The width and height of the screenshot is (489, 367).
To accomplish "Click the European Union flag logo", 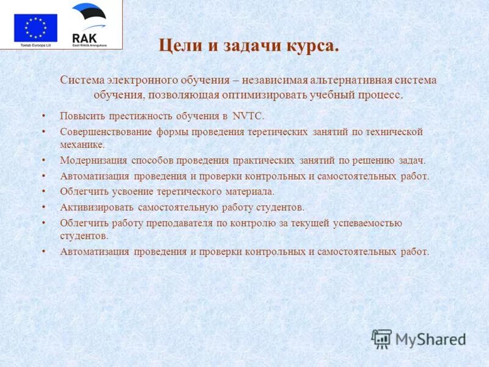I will coord(35,28).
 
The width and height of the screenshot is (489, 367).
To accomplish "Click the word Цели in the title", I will coord(176,46).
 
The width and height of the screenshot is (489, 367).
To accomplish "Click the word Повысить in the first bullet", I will coord(82,116).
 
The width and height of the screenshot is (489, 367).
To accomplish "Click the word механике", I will coord(82,145).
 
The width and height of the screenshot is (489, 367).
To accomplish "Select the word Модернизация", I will coord(94,160).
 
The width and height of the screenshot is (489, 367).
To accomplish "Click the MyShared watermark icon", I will coord(381,338).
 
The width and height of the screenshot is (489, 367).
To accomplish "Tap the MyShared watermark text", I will coord(430,339).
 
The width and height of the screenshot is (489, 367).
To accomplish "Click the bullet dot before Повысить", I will coord(43,116).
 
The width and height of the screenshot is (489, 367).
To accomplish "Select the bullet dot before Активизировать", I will coord(43,207).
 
